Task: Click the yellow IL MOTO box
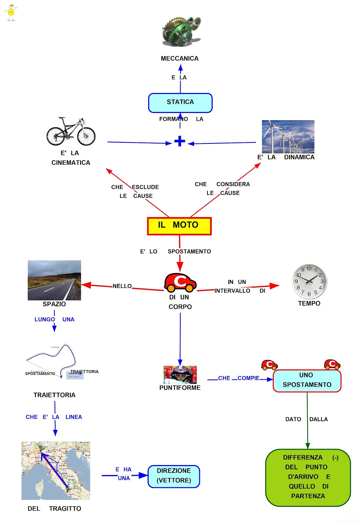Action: (179, 226)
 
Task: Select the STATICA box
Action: (180, 103)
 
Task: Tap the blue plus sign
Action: (180, 141)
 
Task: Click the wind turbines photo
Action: (288, 137)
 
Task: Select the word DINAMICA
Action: (299, 157)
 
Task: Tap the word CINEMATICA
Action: (71, 163)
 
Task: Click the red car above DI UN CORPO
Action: (180, 282)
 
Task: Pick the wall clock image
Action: (309, 281)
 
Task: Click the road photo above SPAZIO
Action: (54, 280)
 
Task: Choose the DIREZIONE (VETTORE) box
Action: (174, 476)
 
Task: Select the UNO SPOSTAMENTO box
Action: (307, 381)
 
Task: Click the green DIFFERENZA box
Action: (308, 477)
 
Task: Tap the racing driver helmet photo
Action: (180, 375)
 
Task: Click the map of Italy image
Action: (56, 470)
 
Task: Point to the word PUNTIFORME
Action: (180, 388)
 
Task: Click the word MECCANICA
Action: (180, 59)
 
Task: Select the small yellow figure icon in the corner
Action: (11, 13)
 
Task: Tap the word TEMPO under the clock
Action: (309, 304)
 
